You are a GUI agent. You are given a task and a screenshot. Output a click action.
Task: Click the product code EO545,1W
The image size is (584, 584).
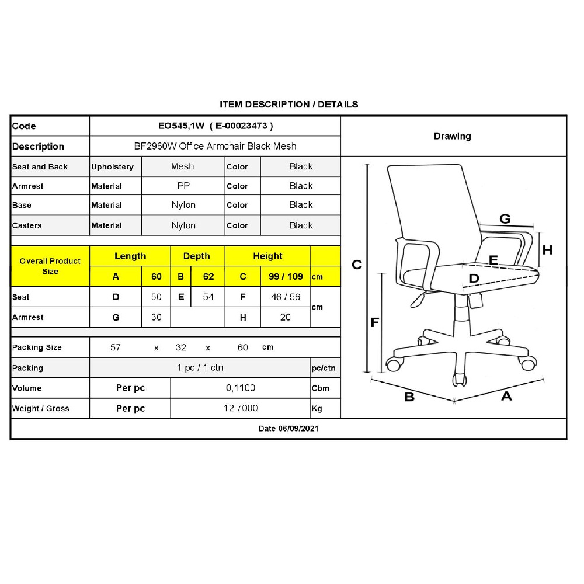[x=182, y=126]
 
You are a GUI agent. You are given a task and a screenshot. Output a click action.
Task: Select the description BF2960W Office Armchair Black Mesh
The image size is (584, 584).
[x=215, y=146]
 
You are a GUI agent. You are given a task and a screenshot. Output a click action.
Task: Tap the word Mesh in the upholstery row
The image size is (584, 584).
[x=182, y=166]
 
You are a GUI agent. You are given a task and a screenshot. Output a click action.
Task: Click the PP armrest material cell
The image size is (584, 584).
[x=183, y=186]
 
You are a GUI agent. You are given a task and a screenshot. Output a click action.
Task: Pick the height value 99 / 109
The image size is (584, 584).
[x=286, y=276]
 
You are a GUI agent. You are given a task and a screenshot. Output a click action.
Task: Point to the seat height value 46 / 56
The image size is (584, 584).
[x=286, y=297]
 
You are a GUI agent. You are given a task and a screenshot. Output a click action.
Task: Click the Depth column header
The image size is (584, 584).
[x=197, y=256]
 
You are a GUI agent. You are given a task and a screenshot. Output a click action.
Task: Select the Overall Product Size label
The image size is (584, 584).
[x=50, y=266]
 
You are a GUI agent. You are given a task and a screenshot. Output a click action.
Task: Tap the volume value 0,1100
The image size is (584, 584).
[x=240, y=388]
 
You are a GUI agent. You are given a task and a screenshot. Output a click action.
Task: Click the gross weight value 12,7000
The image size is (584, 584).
[x=241, y=408]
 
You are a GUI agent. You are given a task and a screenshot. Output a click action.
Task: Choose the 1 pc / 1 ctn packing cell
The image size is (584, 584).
[x=200, y=367]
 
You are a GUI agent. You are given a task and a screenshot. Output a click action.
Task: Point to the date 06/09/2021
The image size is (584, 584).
[x=298, y=429]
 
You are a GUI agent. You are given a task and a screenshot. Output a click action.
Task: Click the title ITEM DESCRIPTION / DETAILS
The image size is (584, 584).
[x=289, y=105]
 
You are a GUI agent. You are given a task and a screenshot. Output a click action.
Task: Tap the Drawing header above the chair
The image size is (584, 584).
[x=453, y=136]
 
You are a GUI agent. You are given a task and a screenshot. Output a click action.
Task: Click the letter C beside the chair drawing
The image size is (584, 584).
[x=357, y=265]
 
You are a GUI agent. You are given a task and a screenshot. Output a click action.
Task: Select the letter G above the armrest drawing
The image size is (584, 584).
[x=505, y=218]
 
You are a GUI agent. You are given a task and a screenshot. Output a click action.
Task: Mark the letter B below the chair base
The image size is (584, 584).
[x=409, y=397]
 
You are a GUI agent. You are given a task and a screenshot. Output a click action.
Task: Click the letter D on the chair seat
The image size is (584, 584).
[x=474, y=278]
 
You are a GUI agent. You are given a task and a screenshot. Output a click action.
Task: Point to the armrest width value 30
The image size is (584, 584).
[x=157, y=317]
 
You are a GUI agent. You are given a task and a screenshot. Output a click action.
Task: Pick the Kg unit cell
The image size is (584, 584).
[x=317, y=409]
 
